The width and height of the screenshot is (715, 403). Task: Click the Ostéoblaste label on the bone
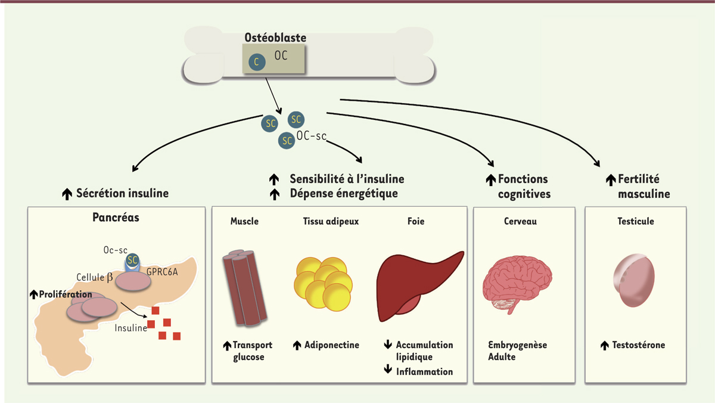pos(275,38)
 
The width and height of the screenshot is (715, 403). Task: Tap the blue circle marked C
pos(256,61)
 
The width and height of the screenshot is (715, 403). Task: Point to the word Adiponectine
pos(332,345)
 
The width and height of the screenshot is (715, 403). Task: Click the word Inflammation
pos(425,371)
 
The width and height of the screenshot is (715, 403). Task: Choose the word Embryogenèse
pos(517,345)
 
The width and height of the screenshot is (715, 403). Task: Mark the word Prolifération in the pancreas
pos(66,294)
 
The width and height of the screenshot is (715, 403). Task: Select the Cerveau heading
pos(520,221)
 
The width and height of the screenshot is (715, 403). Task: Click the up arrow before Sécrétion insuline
pos(67,193)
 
